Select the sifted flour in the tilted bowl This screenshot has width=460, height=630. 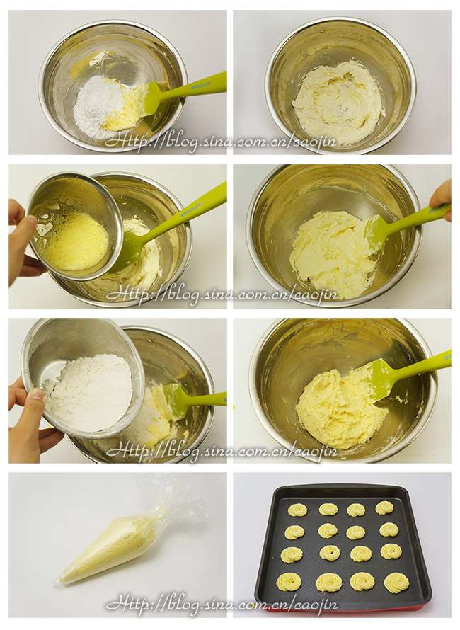[x=91, y=391]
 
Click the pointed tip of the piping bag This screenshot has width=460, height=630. [x=55, y=583]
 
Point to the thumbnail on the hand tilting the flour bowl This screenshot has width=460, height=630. [x=37, y=394]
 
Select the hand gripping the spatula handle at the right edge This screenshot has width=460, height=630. [x=441, y=200]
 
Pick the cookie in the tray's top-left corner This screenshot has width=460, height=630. [x=297, y=510]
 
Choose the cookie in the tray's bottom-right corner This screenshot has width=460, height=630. [x=396, y=582]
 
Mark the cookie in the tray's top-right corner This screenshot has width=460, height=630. [x=384, y=508]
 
